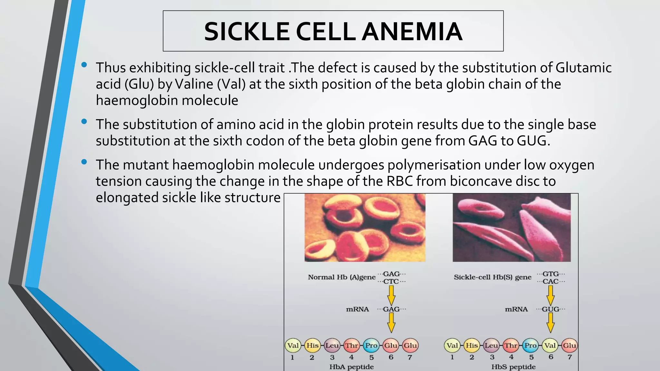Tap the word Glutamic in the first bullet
(583, 68)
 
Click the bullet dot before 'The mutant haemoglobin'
(84, 162)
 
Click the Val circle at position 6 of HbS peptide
(550, 346)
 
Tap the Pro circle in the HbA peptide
(371, 346)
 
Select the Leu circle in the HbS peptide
(491, 346)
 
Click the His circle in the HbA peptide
(312, 346)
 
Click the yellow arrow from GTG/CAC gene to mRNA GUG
(550, 295)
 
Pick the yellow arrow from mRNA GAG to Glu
(391, 323)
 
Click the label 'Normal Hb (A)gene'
(342, 277)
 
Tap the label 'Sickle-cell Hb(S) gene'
(492, 277)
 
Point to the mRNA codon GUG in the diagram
(550, 309)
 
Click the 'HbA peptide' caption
(351, 367)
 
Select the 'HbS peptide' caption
(513, 367)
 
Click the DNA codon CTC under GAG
(391, 281)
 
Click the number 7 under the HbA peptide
(410, 357)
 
